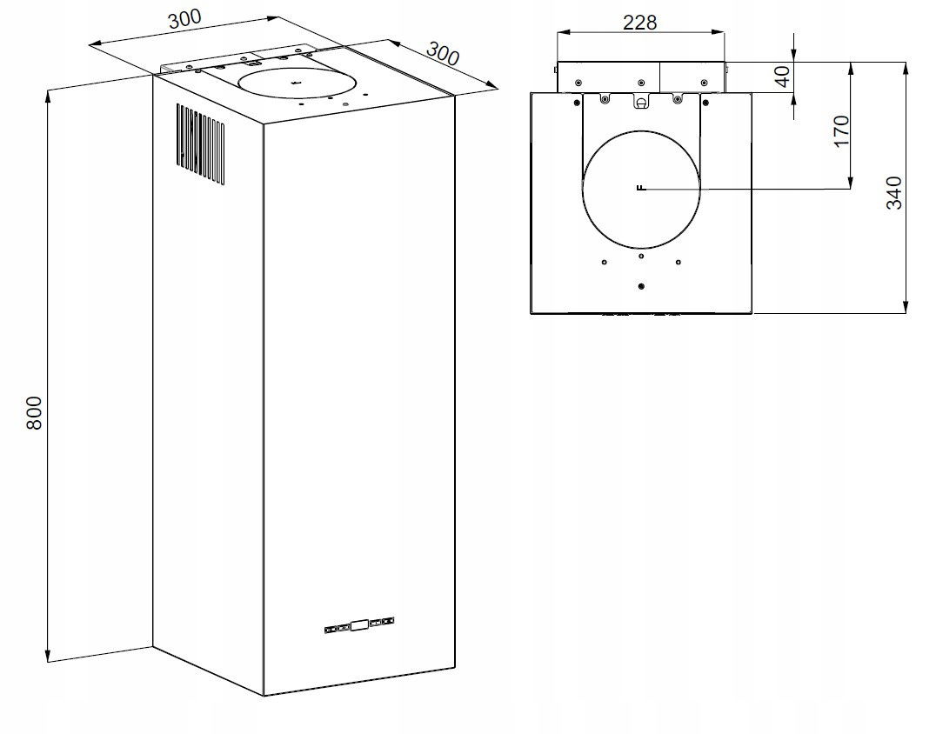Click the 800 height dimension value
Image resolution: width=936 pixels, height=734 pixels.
(33, 413)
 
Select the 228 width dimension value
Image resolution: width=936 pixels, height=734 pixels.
(640, 22)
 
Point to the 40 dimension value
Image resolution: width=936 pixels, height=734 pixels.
(782, 77)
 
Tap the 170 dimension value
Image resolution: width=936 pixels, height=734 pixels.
(841, 130)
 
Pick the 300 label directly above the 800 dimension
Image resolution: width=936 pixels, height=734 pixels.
(185, 19)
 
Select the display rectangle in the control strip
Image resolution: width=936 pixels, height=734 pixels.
(358, 624)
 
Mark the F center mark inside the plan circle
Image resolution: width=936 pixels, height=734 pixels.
(640, 188)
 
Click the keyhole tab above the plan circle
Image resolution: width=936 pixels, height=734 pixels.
(641, 103)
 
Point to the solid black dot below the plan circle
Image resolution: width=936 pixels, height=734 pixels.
(641, 287)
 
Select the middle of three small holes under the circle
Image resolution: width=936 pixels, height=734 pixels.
(641, 256)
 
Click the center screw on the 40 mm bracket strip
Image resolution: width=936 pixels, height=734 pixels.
(641, 83)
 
